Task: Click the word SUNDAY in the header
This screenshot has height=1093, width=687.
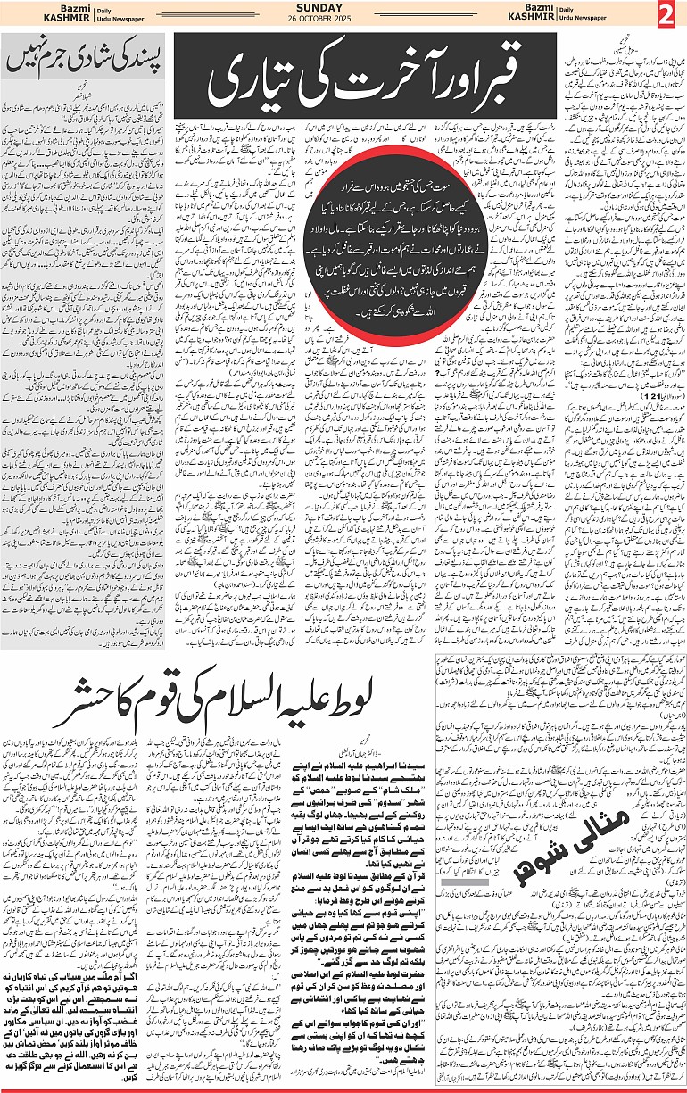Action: [x=344, y=8]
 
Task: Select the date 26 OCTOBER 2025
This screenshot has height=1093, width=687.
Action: [x=344, y=21]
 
